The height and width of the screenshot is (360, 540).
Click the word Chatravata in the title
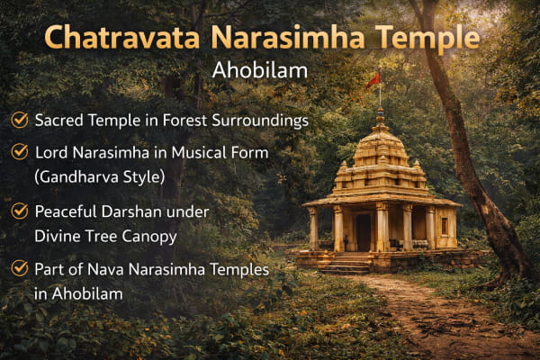(122, 37)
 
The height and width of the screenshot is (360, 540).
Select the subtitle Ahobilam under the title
(260, 70)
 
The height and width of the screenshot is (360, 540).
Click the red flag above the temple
(373, 81)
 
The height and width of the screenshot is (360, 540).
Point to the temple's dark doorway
(364, 232)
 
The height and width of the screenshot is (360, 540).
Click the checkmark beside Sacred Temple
(20, 121)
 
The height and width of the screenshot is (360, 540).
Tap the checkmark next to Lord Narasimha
(20, 152)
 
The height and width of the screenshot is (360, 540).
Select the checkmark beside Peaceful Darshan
(20, 211)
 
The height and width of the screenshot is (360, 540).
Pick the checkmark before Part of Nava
(20, 268)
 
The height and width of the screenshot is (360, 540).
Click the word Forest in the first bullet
(184, 121)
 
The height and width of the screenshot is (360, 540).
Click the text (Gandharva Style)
(100, 177)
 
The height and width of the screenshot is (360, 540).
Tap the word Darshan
(132, 211)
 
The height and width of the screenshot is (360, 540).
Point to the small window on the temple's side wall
(445, 226)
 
